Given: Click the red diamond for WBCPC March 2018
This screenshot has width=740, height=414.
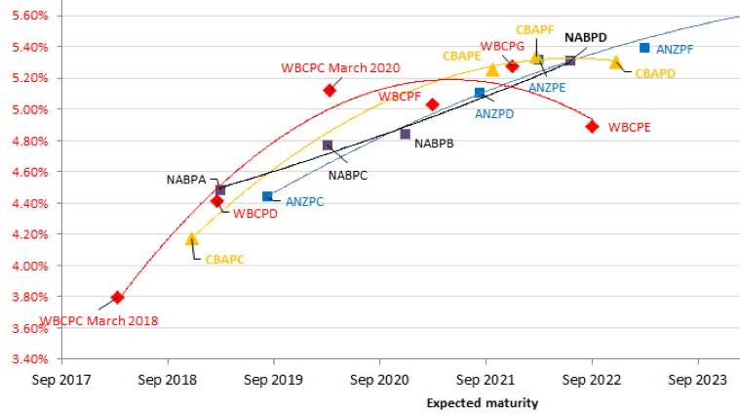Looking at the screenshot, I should [x=117, y=297].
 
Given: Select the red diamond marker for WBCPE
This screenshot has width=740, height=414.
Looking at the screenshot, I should [x=592, y=126].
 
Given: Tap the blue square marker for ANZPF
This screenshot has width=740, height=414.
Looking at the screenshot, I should [x=644, y=48].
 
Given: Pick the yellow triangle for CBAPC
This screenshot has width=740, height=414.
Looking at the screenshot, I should [x=192, y=238].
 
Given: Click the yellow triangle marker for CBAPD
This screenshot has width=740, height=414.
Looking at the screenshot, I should [x=615, y=62].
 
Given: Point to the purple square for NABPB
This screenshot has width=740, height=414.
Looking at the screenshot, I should [x=405, y=134].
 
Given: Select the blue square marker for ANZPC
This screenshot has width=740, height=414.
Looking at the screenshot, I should [x=267, y=196].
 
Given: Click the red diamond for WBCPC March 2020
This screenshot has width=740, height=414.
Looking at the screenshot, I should [x=330, y=90].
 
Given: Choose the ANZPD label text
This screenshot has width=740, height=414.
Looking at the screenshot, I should [x=494, y=113].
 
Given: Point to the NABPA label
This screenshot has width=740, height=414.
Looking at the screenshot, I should [x=184, y=180].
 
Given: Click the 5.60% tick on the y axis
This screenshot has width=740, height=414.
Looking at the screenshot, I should [x=28, y=16].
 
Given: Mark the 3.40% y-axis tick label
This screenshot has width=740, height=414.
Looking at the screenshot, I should [x=28, y=359].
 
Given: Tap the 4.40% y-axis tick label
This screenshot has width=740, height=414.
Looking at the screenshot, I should [x=28, y=203].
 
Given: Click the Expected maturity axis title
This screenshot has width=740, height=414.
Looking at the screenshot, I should [x=482, y=402].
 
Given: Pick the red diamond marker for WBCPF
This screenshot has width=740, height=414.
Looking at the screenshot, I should [x=433, y=104].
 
